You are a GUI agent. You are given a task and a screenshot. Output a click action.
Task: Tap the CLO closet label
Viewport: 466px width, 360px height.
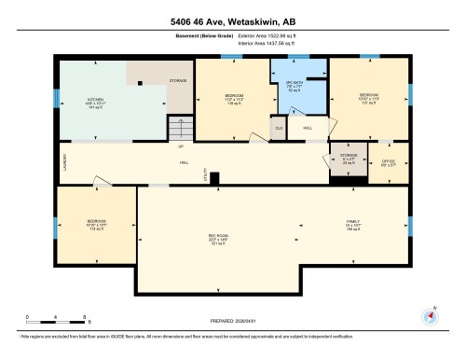pyautogui.click(x=278, y=126)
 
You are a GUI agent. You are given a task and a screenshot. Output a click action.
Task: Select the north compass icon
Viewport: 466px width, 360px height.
pyautogui.click(x=430, y=314)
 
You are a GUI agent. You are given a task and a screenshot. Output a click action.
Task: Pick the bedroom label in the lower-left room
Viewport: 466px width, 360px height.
pyautogui.click(x=97, y=224)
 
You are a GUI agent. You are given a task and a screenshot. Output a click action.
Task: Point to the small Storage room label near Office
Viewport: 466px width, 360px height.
pyautogui.click(x=349, y=160)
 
